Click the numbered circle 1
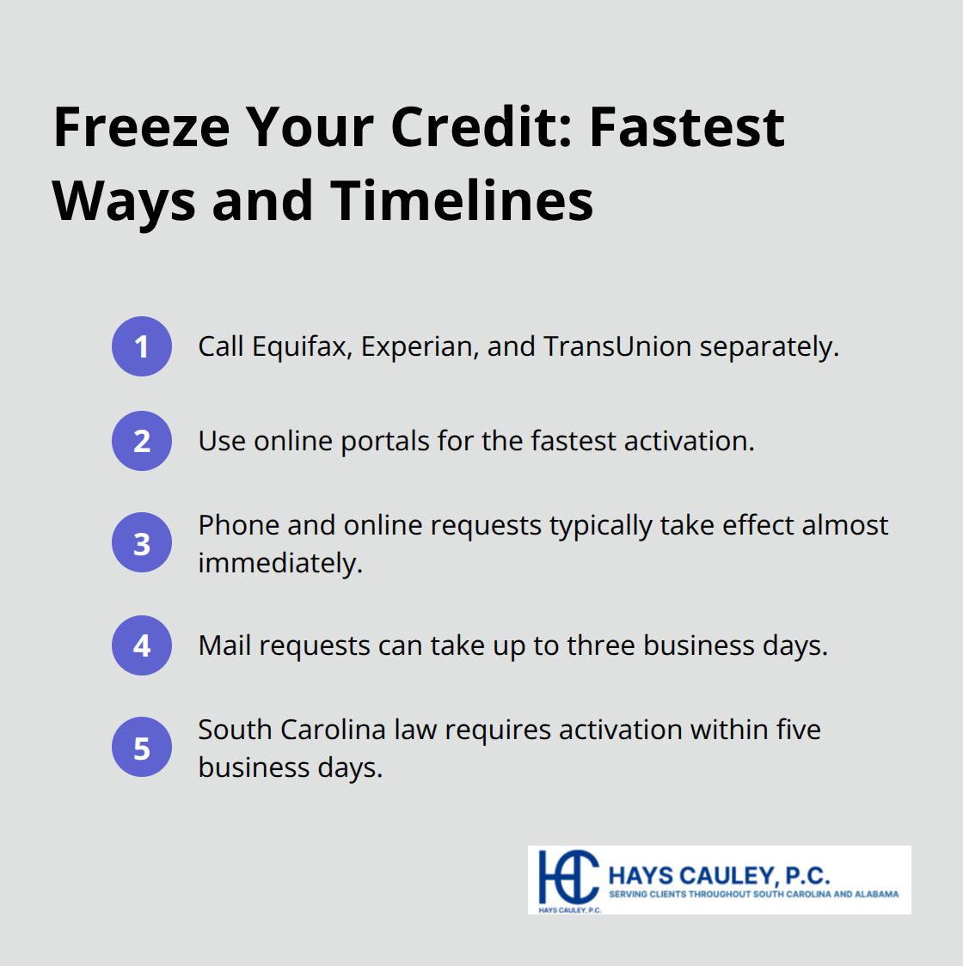[142, 346]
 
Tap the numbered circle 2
[142, 441]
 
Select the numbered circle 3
[142, 543]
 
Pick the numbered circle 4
[142, 645]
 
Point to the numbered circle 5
[142, 748]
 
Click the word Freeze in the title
[142, 127]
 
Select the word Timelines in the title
[463, 201]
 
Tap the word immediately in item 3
[280, 563]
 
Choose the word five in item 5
[798, 730]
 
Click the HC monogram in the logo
[567, 877]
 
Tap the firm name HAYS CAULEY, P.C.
[719, 875]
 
